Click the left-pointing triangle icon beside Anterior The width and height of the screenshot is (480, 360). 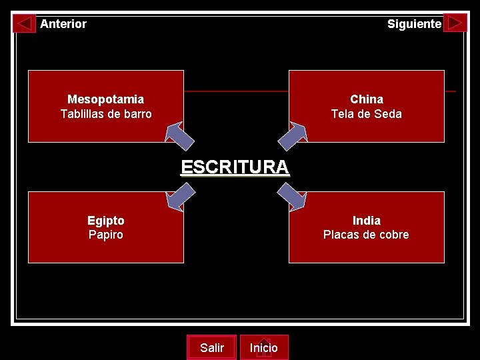[x=25, y=24]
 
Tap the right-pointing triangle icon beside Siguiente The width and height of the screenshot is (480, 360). [x=455, y=23]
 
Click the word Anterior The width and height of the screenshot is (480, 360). [x=63, y=24]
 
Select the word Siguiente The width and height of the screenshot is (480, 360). [x=414, y=24]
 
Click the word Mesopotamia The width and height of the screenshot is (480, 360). [x=105, y=99]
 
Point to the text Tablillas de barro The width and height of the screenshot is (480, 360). [x=105, y=114]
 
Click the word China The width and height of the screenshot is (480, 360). [x=367, y=99]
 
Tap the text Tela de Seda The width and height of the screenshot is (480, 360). [x=367, y=114]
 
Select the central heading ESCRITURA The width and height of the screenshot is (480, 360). [x=235, y=167]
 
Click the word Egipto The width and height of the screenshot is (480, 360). [x=105, y=221]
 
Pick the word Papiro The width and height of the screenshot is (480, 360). [x=105, y=235]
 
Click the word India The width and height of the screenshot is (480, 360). [x=367, y=221]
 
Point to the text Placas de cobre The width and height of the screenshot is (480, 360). [x=366, y=235]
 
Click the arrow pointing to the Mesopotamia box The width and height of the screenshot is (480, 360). [x=180, y=135]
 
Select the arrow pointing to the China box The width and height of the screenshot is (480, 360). [x=292, y=135]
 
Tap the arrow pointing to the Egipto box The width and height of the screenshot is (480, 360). [x=181, y=198]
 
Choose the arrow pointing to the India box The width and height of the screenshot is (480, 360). [x=291, y=198]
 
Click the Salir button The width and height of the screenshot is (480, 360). [x=211, y=347]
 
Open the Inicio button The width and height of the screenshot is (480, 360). [x=264, y=347]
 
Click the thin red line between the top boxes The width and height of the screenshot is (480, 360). [x=235, y=91]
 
